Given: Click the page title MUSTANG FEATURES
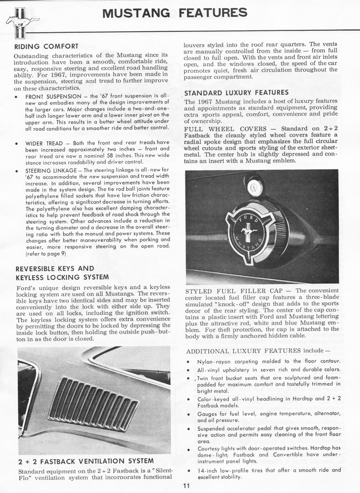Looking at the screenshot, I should click(x=175, y=13).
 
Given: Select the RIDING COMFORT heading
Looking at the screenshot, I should click(x=46, y=46).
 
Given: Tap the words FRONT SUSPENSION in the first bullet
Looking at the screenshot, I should click(x=53, y=96).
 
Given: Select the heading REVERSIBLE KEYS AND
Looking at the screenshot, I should click(x=54, y=268).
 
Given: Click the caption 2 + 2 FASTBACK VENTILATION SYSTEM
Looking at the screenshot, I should click(x=86, y=461).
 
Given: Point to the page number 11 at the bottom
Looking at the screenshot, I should click(x=187, y=485).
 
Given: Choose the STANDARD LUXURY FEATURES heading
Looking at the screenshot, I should click(x=236, y=92).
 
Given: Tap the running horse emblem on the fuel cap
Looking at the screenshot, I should click(x=249, y=233).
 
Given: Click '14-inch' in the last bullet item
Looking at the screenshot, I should click(x=208, y=470).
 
